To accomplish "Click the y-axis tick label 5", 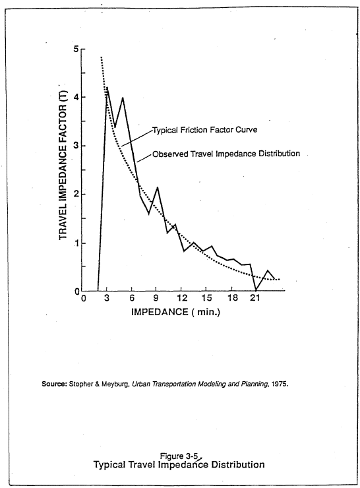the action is [76, 49].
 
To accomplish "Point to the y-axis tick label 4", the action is [76, 98].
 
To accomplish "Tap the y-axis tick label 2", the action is [76, 195].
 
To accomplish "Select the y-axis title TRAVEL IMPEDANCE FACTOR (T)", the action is [64, 160].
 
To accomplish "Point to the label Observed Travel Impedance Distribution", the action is [226, 154].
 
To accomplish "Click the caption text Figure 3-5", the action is [179, 456].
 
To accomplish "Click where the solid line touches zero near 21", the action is [256, 290].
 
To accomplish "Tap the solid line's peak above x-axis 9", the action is [157, 187].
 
